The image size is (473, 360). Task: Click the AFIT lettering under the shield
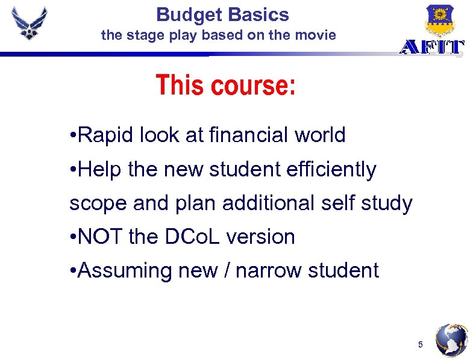[432, 48]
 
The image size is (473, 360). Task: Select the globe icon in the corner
[452, 341]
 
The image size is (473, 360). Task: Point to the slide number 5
[421, 345]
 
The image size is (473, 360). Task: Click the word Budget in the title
[184, 14]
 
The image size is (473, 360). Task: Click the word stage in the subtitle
[140, 35]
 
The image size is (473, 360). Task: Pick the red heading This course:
[226, 85]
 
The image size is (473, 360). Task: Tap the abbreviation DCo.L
[193, 237]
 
